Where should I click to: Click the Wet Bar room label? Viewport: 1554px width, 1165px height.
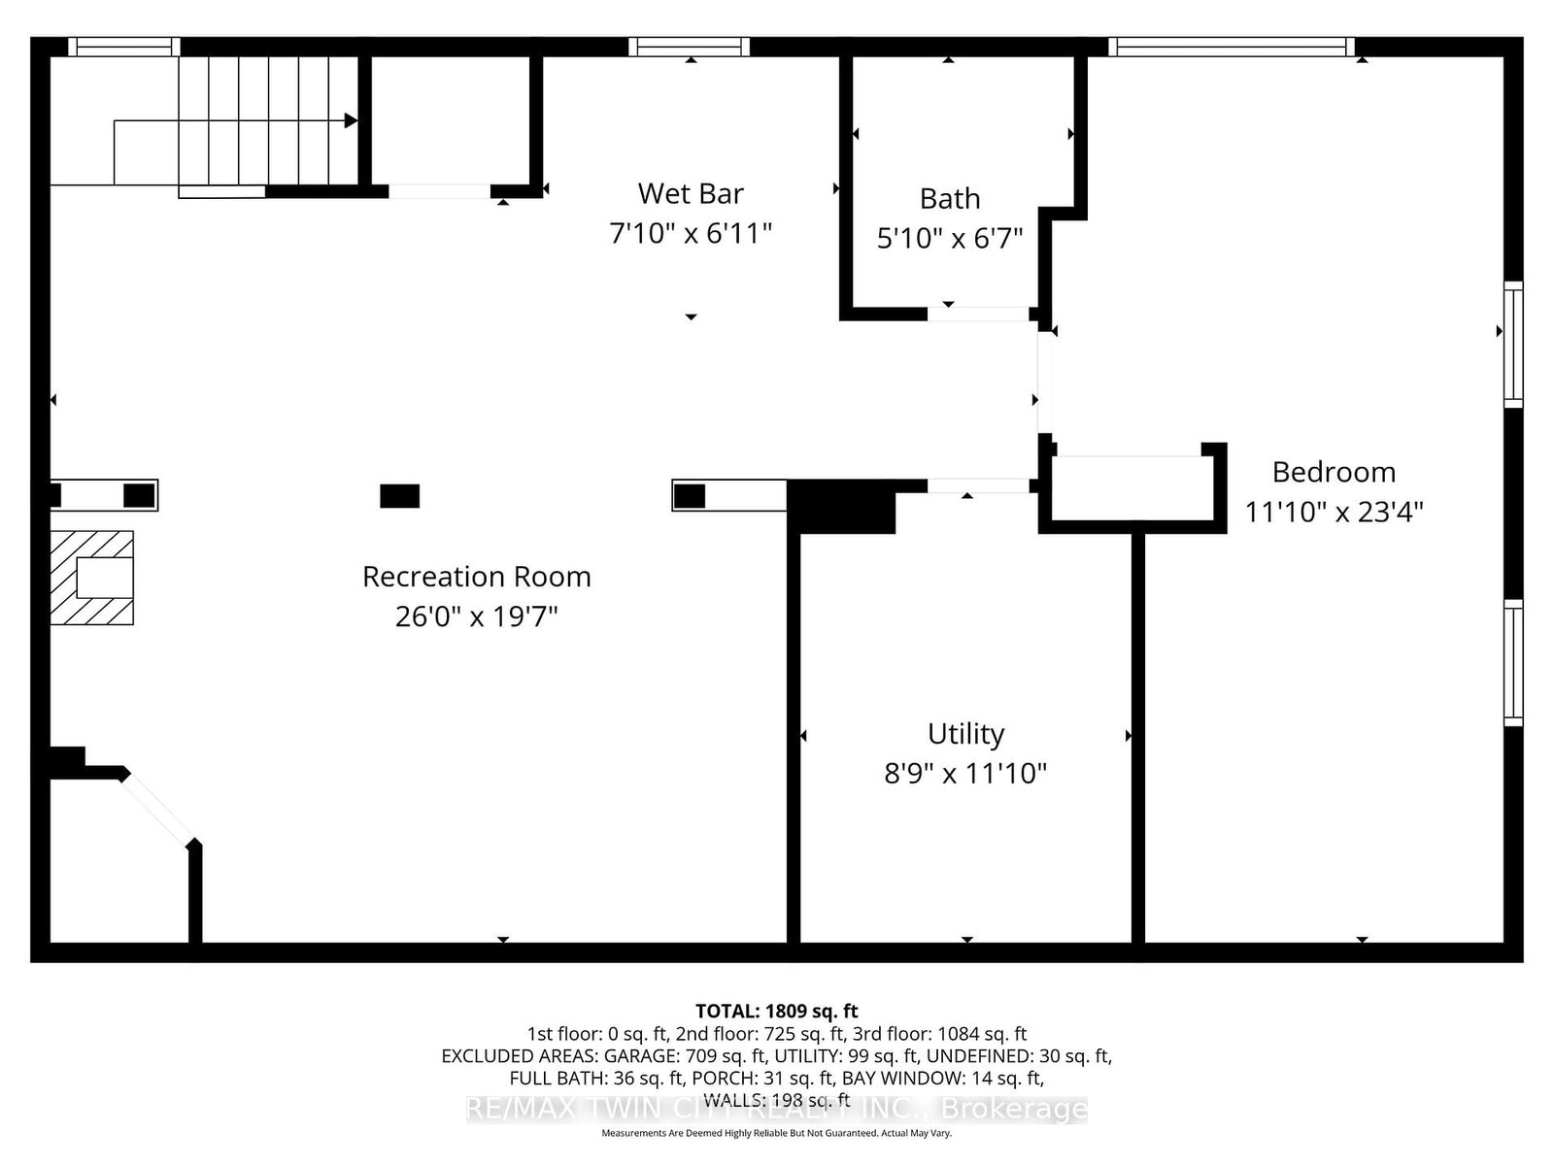(x=691, y=193)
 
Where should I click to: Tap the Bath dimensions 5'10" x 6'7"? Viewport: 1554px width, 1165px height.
(x=949, y=239)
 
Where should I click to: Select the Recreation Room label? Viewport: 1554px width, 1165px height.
(x=477, y=577)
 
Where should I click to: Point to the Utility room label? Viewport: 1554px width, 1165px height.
(x=965, y=734)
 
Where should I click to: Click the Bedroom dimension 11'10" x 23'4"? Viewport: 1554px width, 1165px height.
(x=1334, y=512)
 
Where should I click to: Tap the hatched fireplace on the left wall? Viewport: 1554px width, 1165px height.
(x=91, y=578)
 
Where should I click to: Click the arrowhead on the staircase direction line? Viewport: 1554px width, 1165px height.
(x=351, y=120)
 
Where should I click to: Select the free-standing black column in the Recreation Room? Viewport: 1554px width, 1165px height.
(x=399, y=496)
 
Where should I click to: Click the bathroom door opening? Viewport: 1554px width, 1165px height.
(x=978, y=314)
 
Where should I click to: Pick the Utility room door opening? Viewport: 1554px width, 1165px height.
(x=978, y=486)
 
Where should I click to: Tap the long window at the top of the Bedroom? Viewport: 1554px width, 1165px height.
(x=1232, y=47)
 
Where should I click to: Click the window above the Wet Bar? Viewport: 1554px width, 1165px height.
(x=689, y=47)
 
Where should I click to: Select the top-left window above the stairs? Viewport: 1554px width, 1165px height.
(x=124, y=47)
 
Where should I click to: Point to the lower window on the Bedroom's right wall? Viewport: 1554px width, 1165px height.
(x=1513, y=663)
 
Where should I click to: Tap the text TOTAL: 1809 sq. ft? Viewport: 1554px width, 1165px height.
(x=777, y=1011)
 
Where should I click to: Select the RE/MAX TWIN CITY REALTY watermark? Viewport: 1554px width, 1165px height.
(x=777, y=1109)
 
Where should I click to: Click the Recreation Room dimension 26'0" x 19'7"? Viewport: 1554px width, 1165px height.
(x=477, y=616)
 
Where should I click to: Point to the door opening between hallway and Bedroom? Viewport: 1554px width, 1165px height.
(x=1044, y=382)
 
